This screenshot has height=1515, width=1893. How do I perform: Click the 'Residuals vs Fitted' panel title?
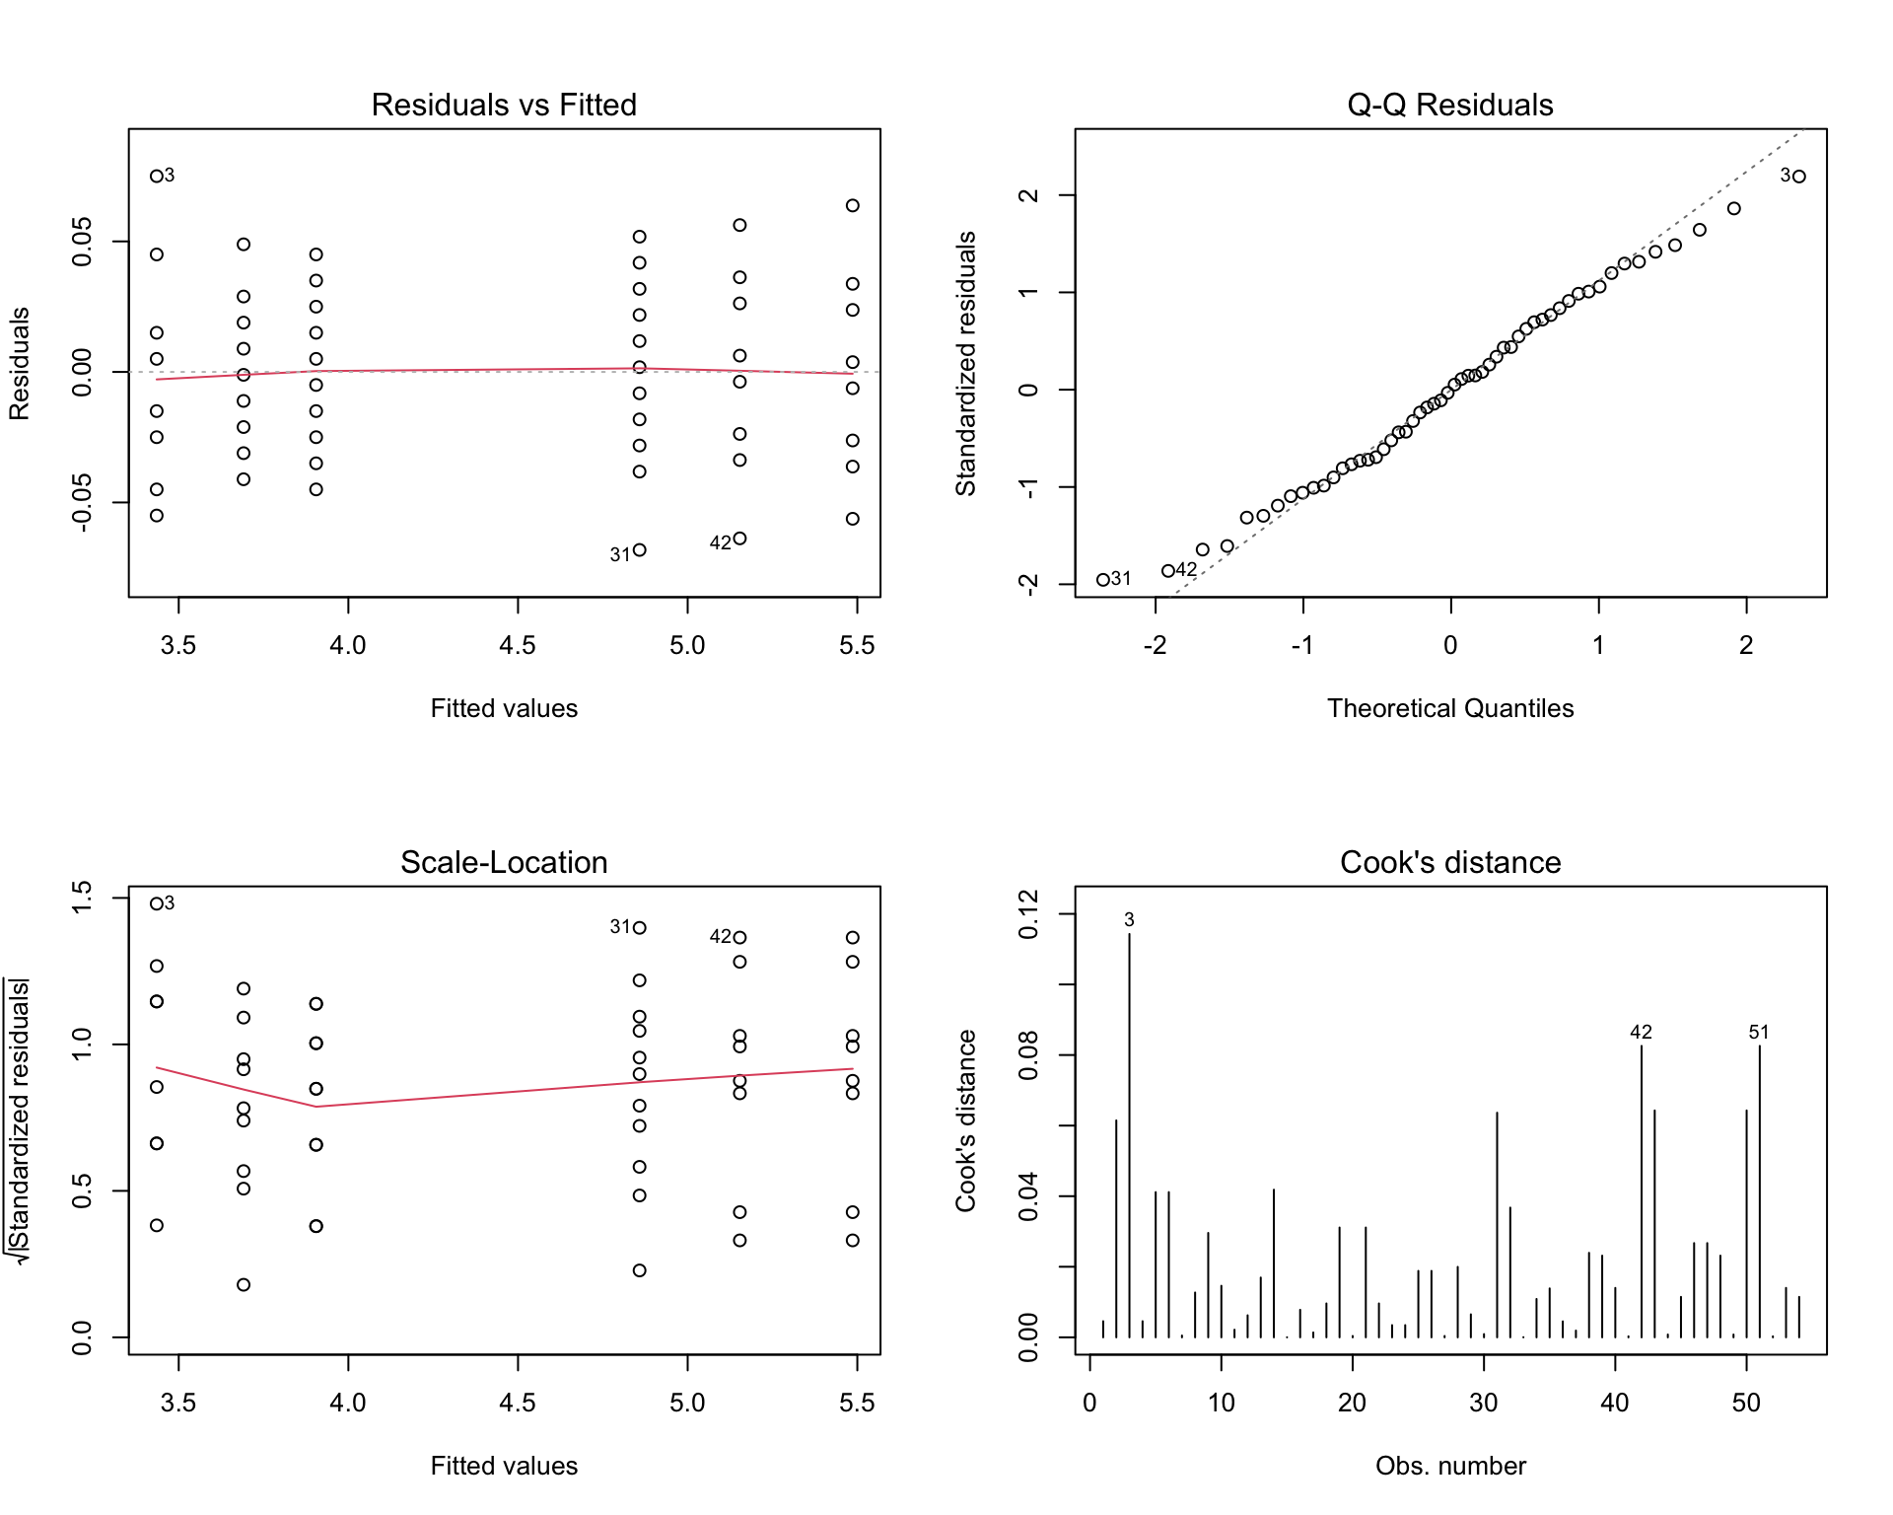[x=504, y=105]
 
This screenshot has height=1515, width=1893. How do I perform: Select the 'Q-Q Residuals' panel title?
[x=1450, y=105]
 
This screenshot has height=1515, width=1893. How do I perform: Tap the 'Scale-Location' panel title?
[x=504, y=862]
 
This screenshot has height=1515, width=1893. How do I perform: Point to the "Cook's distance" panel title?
[x=1450, y=862]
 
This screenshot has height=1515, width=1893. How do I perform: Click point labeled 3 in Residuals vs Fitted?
[x=157, y=177]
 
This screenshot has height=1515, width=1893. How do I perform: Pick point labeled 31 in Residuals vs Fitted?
[x=640, y=550]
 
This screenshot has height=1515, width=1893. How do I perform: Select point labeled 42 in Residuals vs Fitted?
[x=740, y=539]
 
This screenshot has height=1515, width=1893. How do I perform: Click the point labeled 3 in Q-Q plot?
[x=1799, y=177]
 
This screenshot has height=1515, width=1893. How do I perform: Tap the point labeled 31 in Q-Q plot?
[x=1103, y=580]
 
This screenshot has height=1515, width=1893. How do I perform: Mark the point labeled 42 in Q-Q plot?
[x=1168, y=571]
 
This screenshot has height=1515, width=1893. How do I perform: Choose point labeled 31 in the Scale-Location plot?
[x=640, y=928]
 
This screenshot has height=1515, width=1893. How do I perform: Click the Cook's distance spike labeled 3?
[x=1130, y=1135]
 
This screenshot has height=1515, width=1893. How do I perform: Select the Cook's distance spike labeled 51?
[x=1760, y=1191]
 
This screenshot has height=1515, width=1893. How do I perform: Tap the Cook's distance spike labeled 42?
[x=1642, y=1191]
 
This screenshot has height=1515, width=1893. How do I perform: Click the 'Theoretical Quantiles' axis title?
[x=1450, y=708]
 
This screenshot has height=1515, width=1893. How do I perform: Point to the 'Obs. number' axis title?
[x=1450, y=1466]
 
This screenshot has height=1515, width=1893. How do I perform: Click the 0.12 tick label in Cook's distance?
[x=1028, y=914]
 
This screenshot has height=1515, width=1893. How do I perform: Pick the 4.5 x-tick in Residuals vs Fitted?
[x=518, y=645]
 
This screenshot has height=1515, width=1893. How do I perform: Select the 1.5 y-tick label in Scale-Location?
[x=82, y=898]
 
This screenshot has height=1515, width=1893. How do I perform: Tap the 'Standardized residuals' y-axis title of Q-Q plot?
[x=966, y=363]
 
